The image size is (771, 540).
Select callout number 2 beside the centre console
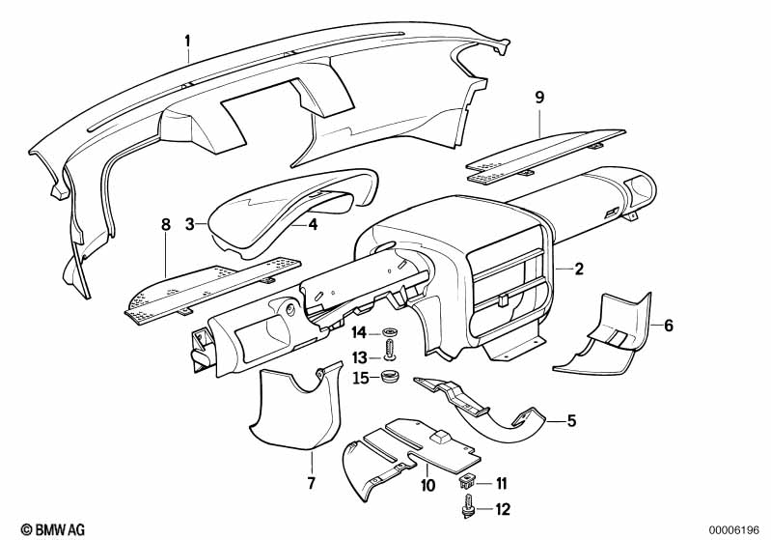pyautogui.click(x=579, y=270)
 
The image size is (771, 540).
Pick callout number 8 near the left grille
pyautogui.click(x=165, y=224)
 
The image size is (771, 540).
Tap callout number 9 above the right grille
pyautogui.click(x=539, y=96)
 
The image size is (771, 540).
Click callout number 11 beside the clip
pyautogui.click(x=501, y=482)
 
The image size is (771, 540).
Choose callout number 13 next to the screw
pyautogui.click(x=358, y=356)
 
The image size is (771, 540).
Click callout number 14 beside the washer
pyautogui.click(x=358, y=333)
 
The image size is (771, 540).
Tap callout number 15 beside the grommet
pyautogui.click(x=358, y=377)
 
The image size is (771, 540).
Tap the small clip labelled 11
pyautogui.click(x=469, y=481)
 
